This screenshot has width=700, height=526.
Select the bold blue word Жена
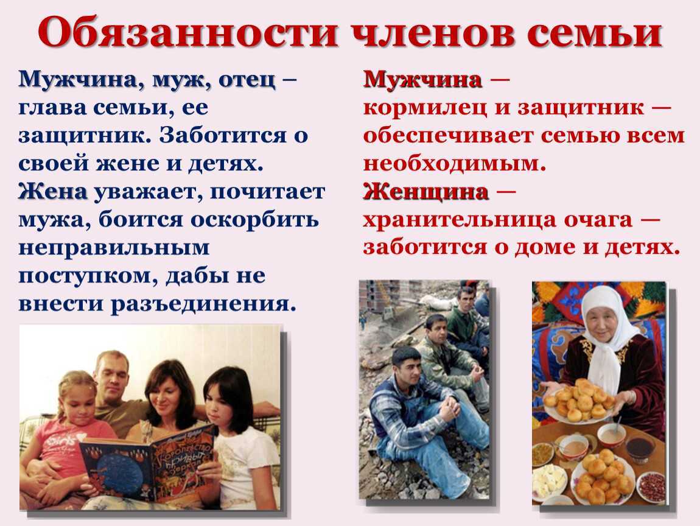[53, 192]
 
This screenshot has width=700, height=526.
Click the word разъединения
[203, 304]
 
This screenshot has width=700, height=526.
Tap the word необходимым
[455, 164]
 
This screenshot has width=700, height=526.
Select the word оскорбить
[255, 220]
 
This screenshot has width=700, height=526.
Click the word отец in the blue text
[247, 80]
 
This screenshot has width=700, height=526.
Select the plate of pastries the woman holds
[579, 404]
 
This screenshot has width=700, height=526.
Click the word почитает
[267, 192]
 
